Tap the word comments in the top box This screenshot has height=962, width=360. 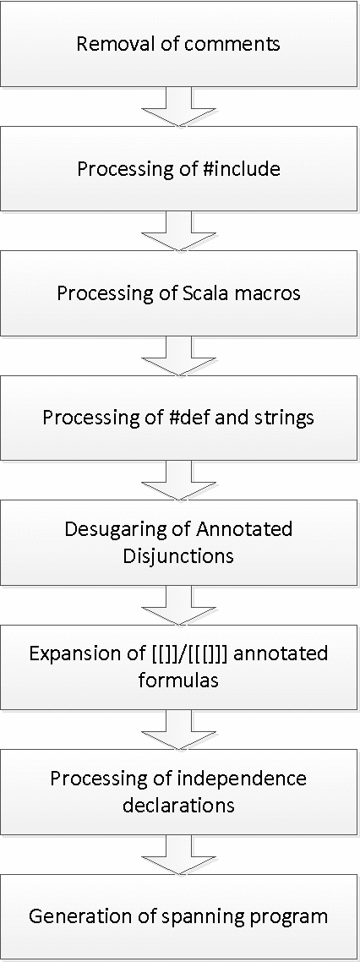point(231,45)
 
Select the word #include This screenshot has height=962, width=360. point(239,169)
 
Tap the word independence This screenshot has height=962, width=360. point(241,778)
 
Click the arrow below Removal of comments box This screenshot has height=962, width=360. point(179,106)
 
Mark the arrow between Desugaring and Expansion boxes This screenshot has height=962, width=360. point(179,602)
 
